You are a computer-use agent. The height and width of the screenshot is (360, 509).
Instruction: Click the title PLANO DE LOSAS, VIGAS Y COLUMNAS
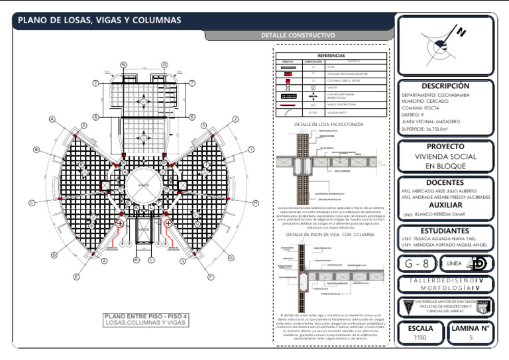pyautogui.click(x=99, y=21)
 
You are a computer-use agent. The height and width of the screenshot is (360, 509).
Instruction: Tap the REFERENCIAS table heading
pyautogui.click(x=331, y=56)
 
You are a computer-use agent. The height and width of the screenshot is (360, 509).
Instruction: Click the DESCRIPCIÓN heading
pyautogui.click(x=445, y=86)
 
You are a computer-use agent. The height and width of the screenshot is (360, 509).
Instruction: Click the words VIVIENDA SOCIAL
pyautogui.click(x=445, y=156)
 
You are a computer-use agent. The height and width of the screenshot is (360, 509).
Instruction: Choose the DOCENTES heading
pyautogui.click(x=445, y=182)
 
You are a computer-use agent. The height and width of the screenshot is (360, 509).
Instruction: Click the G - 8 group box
pyautogui.click(x=416, y=264)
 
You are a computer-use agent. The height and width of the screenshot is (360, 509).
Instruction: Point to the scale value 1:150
pyautogui.click(x=420, y=338)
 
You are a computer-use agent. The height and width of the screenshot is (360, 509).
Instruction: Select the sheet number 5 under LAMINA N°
pyautogui.click(x=471, y=338)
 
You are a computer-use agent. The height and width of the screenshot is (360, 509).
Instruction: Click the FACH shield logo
pyautogui.click(x=482, y=306)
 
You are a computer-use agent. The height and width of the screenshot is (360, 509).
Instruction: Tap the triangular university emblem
pyautogui.click(x=407, y=306)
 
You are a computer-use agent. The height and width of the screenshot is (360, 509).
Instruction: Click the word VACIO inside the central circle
pyautogui.click(x=143, y=179)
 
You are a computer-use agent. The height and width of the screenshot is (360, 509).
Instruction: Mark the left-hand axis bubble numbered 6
pyautogui.click(x=95, y=117)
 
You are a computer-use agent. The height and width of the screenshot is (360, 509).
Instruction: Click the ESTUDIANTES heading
pyautogui.click(x=445, y=230)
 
